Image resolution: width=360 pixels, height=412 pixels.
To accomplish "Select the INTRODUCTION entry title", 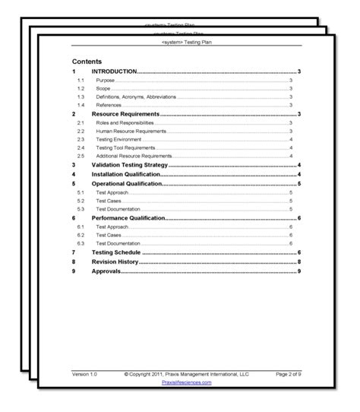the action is point(114,71).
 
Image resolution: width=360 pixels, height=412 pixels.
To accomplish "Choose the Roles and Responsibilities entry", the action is point(125,122).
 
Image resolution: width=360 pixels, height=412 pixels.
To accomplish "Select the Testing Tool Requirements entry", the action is point(125,147).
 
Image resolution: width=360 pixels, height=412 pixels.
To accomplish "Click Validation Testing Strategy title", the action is point(129,165).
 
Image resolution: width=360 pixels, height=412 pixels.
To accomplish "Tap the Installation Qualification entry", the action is point(125,174).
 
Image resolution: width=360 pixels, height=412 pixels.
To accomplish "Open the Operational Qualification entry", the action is point(127,184).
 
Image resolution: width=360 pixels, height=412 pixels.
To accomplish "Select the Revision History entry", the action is point(115,261).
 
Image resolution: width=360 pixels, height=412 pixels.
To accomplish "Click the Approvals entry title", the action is point(106,271).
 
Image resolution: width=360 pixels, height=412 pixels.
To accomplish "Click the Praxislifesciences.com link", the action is point(187,382).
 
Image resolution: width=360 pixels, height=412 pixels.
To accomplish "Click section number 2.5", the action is point(80,156).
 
